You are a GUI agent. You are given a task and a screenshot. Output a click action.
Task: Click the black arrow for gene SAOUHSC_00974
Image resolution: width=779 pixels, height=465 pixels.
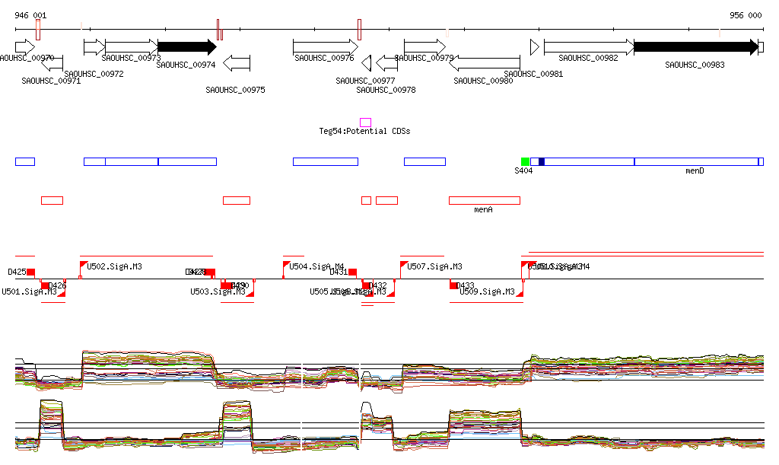(187, 46)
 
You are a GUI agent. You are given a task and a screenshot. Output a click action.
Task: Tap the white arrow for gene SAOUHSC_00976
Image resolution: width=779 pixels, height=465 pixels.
(325, 46)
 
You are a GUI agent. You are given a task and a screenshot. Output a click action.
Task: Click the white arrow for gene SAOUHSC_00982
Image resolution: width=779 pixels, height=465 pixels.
(588, 46)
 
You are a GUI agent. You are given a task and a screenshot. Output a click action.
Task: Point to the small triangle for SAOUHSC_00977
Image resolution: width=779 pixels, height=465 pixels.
(366, 62)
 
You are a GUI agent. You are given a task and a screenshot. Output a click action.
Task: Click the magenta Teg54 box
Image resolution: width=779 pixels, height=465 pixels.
(365, 122)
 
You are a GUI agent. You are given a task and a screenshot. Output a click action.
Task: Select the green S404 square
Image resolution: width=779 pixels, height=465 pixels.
(525, 161)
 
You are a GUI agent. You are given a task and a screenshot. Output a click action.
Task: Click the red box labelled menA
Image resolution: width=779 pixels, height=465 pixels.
(484, 200)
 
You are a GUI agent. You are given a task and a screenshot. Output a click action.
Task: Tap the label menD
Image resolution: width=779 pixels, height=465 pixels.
(695, 171)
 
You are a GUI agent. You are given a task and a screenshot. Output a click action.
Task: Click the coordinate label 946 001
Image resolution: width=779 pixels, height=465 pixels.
(30, 15)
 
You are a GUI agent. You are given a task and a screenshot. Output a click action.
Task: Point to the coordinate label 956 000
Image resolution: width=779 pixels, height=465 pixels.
(746, 15)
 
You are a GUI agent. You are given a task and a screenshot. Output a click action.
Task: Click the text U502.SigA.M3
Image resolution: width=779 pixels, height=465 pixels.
(115, 267)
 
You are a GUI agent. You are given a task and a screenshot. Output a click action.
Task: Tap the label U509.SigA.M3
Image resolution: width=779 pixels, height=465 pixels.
(487, 291)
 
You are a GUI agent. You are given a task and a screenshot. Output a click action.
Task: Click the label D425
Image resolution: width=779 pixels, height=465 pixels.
(17, 272)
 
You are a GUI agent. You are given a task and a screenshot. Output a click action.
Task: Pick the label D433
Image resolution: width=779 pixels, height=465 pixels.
(465, 286)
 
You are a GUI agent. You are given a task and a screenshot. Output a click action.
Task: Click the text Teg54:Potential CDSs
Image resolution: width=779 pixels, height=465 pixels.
(364, 132)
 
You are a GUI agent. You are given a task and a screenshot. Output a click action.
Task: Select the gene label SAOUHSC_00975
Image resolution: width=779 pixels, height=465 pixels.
(235, 90)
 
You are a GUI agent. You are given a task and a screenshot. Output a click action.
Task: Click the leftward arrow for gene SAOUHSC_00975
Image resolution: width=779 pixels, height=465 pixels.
(237, 62)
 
